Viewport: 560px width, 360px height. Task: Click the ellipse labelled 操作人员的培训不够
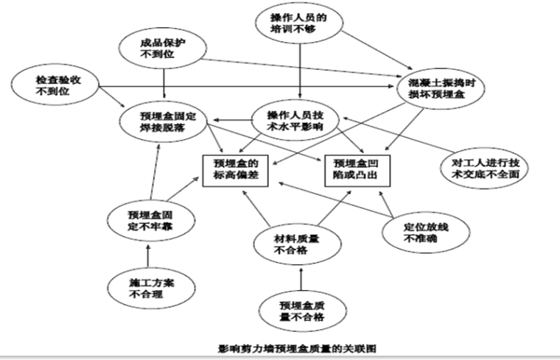pyautogui.click(x=299, y=22)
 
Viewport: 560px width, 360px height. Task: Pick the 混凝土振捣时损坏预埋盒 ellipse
pyautogui.click(x=440, y=86)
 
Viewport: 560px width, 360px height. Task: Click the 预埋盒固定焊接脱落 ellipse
pyautogui.click(x=167, y=119)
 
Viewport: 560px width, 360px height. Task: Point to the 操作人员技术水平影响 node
pyautogui.click(x=294, y=119)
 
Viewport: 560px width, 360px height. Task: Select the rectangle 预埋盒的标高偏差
pyautogui.click(x=234, y=169)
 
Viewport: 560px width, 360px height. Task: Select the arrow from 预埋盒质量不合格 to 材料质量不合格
pyautogui.click(x=300, y=278)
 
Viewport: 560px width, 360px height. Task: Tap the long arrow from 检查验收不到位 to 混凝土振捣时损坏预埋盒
pyautogui.click(x=243, y=87)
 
